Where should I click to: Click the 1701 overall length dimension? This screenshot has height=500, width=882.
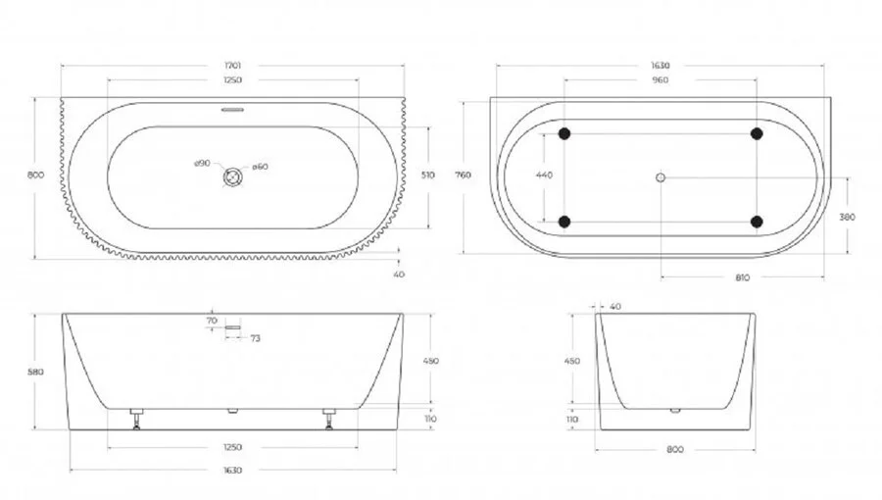pyautogui.click(x=232, y=66)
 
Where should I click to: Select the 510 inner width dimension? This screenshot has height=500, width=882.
pyautogui.click(x=427, y=176)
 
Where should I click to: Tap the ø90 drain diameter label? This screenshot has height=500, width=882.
pyautogui.click(x=201, y=164)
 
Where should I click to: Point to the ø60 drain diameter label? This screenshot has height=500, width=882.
pyautogui.click(x=260, y=167)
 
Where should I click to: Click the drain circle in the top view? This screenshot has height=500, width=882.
pyautogui.click(x=232, y=177)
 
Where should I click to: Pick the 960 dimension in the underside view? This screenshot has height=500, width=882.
pyautogui.click(x=660, y=80)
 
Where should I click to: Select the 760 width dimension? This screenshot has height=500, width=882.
pyautogui.click(x=465, y=175)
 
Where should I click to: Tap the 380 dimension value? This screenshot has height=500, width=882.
pyautogui.click(x=848, y=218)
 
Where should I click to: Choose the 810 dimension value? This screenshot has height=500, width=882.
pyautogui.click(x=742, y=277)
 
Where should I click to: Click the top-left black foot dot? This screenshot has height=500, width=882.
pyautogui.click(x=564, y=133)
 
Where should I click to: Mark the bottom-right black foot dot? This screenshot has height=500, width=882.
pyautogui.click(x=757, y=221)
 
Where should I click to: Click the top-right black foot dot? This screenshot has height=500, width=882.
pyautogui.click(x=757, y=133)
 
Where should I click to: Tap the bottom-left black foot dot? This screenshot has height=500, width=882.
pyautogui.click(x=564, y=221)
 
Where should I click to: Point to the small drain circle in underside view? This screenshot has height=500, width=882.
pyautogui.click(x=660, y=177)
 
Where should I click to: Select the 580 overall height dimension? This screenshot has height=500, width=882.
pyautogui.click(x=37, y=372)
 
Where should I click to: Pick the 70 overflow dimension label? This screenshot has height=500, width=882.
pyautogui.click(x=211, y=321)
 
